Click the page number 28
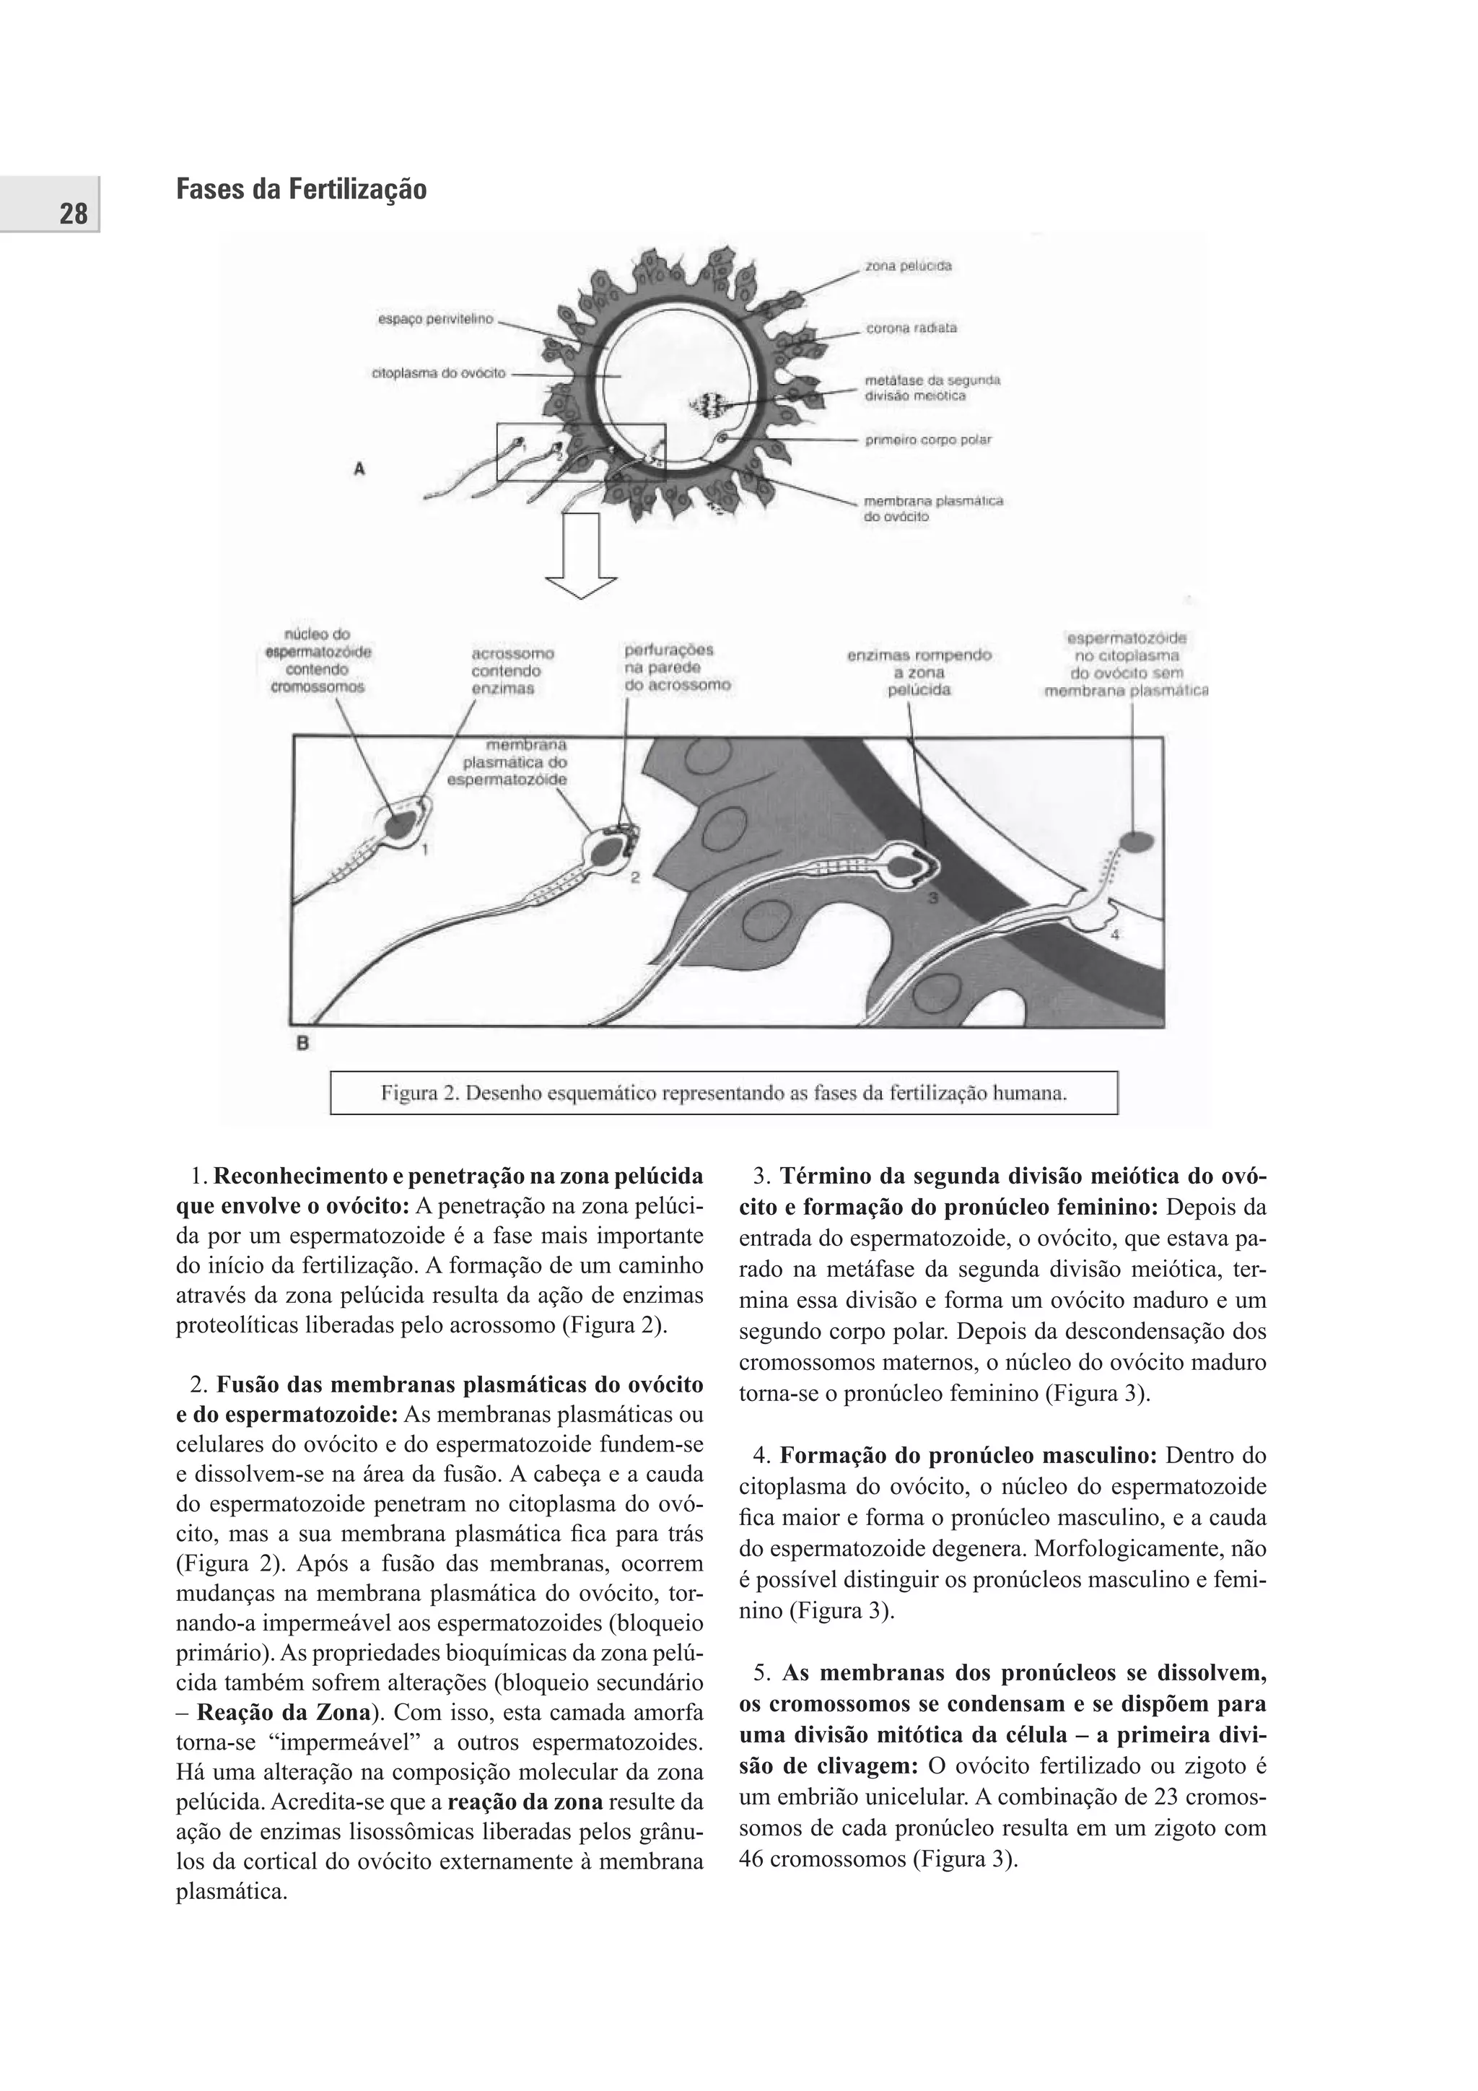click(x=73, y=214)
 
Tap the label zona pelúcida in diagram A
click(x=908, y=266)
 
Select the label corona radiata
click(x=910, y=328)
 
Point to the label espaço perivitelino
click(x=434, y=320)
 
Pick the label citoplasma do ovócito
click(x=438, y=373)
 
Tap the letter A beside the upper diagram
click(x=359, y=468)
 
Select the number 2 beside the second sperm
click(x=635, y=878)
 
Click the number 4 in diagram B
click(x=1115, y=935)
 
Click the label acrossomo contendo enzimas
click(x=512, y=671)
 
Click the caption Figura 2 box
click(x=723, y=1093)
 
